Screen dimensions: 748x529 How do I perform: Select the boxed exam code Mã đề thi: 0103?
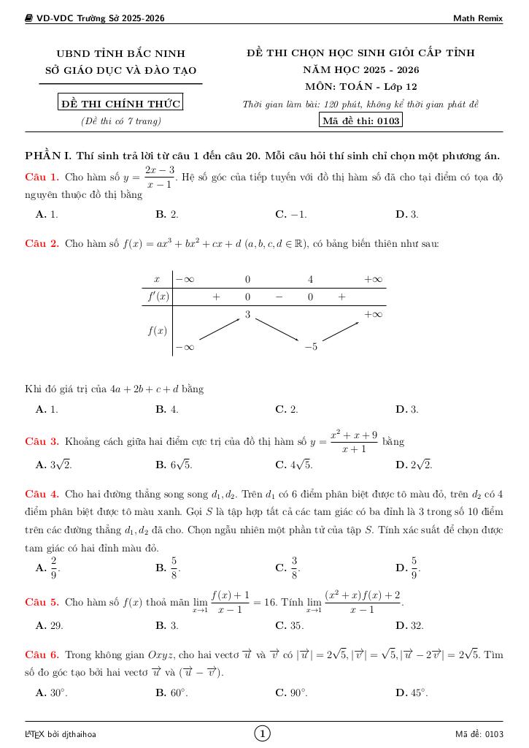tap(361, 121)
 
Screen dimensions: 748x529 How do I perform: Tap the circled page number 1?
tap(263, 733)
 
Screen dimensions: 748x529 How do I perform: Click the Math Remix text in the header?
tap(478, 18)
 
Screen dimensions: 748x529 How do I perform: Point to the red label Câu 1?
tap(42, 178)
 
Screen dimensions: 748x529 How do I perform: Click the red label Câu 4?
tap(42, 494)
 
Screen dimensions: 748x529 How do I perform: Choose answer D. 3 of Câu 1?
tap(406, 215)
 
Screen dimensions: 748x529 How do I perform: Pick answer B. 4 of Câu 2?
tap(167, 410)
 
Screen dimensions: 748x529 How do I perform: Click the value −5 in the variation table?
tap(310, 346)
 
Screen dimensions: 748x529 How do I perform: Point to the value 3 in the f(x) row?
tap(247, 315)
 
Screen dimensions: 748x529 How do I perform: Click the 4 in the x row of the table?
tap(310, 280)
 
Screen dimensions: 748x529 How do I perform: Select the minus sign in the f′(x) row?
tap(279, 297)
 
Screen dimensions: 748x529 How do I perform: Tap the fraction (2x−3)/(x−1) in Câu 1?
tap(160, 178)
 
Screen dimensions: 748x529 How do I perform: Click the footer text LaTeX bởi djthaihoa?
tap(61, 734)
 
